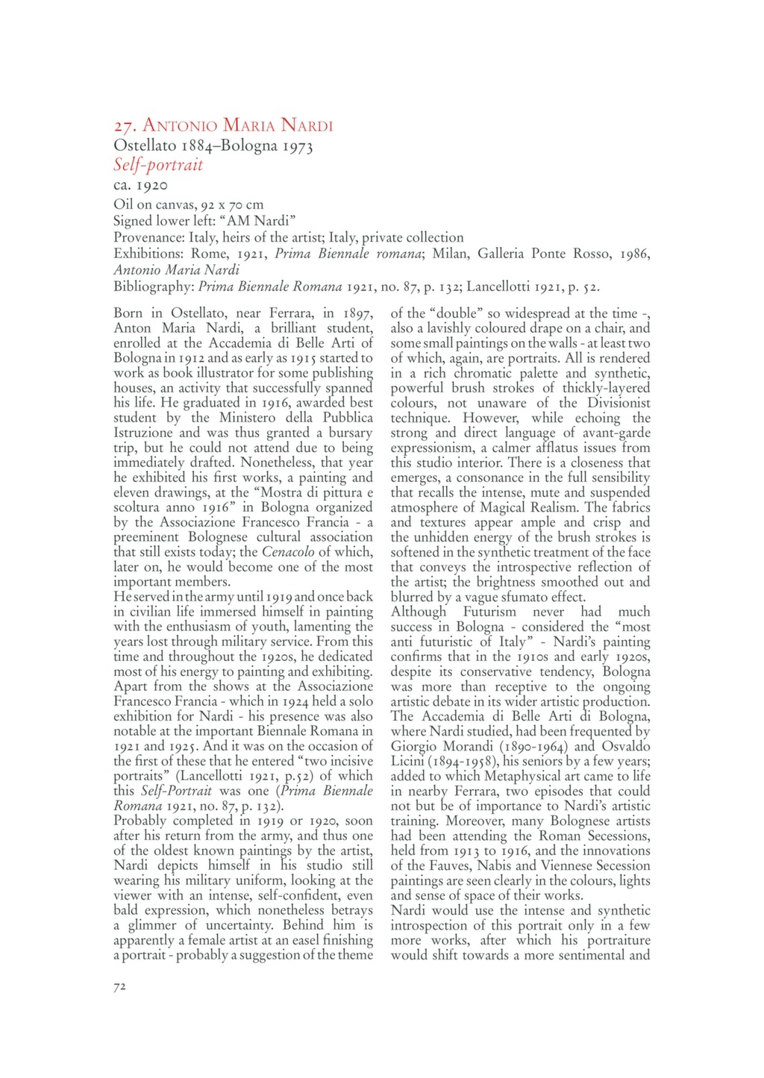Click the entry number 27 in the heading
tap(125, 125)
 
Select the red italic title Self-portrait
tap(158, 165)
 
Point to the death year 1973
tap(297, 145)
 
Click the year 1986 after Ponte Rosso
tap(634, 254)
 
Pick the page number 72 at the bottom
tap(120, 987)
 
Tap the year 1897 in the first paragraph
tap(357, 313)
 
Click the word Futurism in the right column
tap(489, 612)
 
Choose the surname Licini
tap(407, 761)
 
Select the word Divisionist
tap(616, 403)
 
